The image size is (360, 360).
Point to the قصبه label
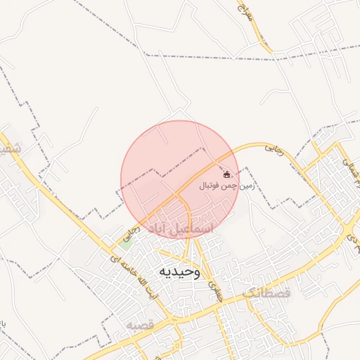141,325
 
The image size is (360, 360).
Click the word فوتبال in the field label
211,186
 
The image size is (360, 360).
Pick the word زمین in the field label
245,186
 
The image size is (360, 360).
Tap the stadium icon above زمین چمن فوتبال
226,174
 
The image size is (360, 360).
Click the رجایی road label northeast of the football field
273,148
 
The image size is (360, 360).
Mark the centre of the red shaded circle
179,179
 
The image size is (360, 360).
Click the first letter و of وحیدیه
195,271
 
